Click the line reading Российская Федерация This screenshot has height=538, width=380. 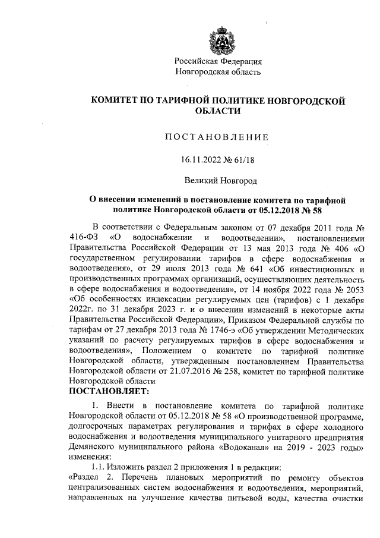tap(218, 62)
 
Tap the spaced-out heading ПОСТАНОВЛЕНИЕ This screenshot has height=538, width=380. tap(217, 137)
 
